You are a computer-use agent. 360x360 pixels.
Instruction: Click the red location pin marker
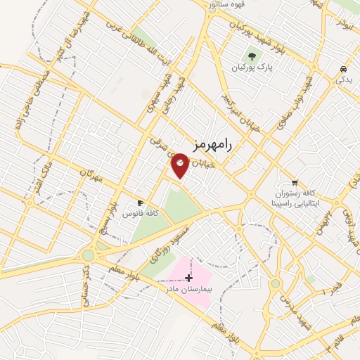180,165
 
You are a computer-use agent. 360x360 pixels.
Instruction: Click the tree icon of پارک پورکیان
251,55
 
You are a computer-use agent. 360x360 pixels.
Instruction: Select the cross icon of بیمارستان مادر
188,278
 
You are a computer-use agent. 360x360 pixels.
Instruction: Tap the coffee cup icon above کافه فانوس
141,201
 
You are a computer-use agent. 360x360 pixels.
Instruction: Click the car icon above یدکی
342,70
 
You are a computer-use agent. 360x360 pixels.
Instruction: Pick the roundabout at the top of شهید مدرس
276,284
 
